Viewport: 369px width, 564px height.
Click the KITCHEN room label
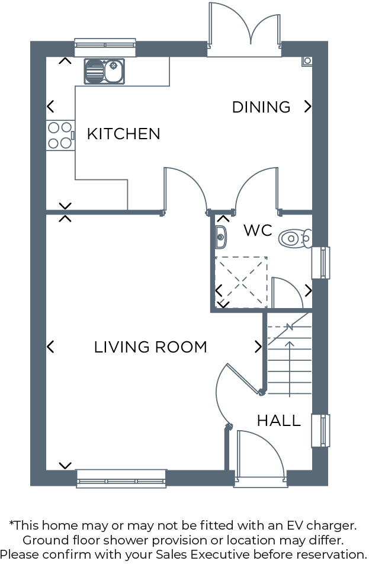123,134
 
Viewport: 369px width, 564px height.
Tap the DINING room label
261,107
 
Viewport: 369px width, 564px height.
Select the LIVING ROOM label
150,347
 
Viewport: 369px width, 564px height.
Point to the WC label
258,230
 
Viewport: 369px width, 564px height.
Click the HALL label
278,421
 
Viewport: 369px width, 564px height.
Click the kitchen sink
104,71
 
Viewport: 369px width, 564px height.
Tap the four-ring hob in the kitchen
60,135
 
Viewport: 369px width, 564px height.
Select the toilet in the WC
295,238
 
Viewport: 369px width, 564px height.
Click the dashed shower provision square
240,282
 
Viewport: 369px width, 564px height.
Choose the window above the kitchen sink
105,48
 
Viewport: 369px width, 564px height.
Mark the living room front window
121,478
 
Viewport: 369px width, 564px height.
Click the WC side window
320,262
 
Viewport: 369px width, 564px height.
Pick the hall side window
320,431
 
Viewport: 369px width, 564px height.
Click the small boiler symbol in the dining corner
307,60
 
